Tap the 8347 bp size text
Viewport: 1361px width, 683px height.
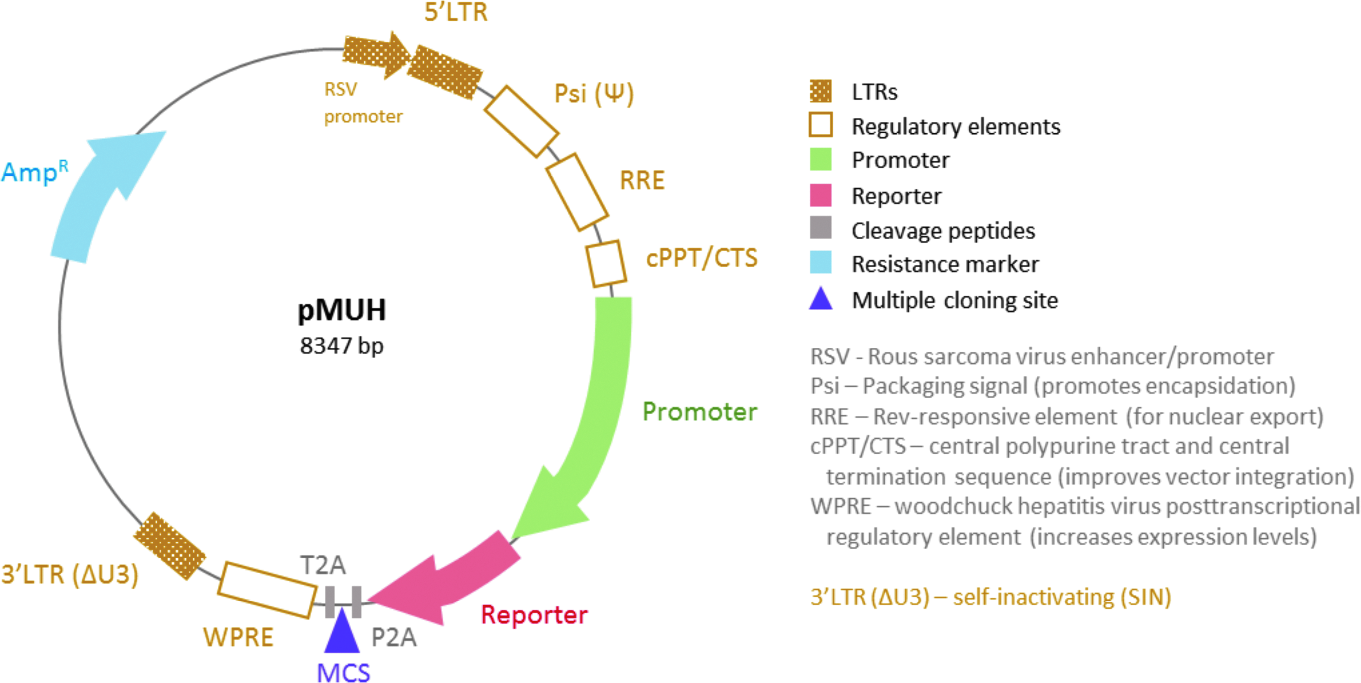pos(342,346)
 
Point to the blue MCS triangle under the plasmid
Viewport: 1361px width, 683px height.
pos(342,631)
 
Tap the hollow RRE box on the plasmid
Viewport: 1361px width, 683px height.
pos(577,192)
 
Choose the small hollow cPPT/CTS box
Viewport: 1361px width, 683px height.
pos(606,264)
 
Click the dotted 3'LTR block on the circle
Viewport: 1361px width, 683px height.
pos(169,546)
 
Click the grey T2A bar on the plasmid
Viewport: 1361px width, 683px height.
pos(330,602)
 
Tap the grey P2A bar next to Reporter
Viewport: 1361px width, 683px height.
pos(357,602)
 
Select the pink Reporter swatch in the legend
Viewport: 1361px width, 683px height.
pos(820,195)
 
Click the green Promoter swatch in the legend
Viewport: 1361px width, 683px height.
pos(820,159)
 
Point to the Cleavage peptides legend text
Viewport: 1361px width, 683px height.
pos(943,231)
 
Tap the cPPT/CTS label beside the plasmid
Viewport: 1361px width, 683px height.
pos(701,258)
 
